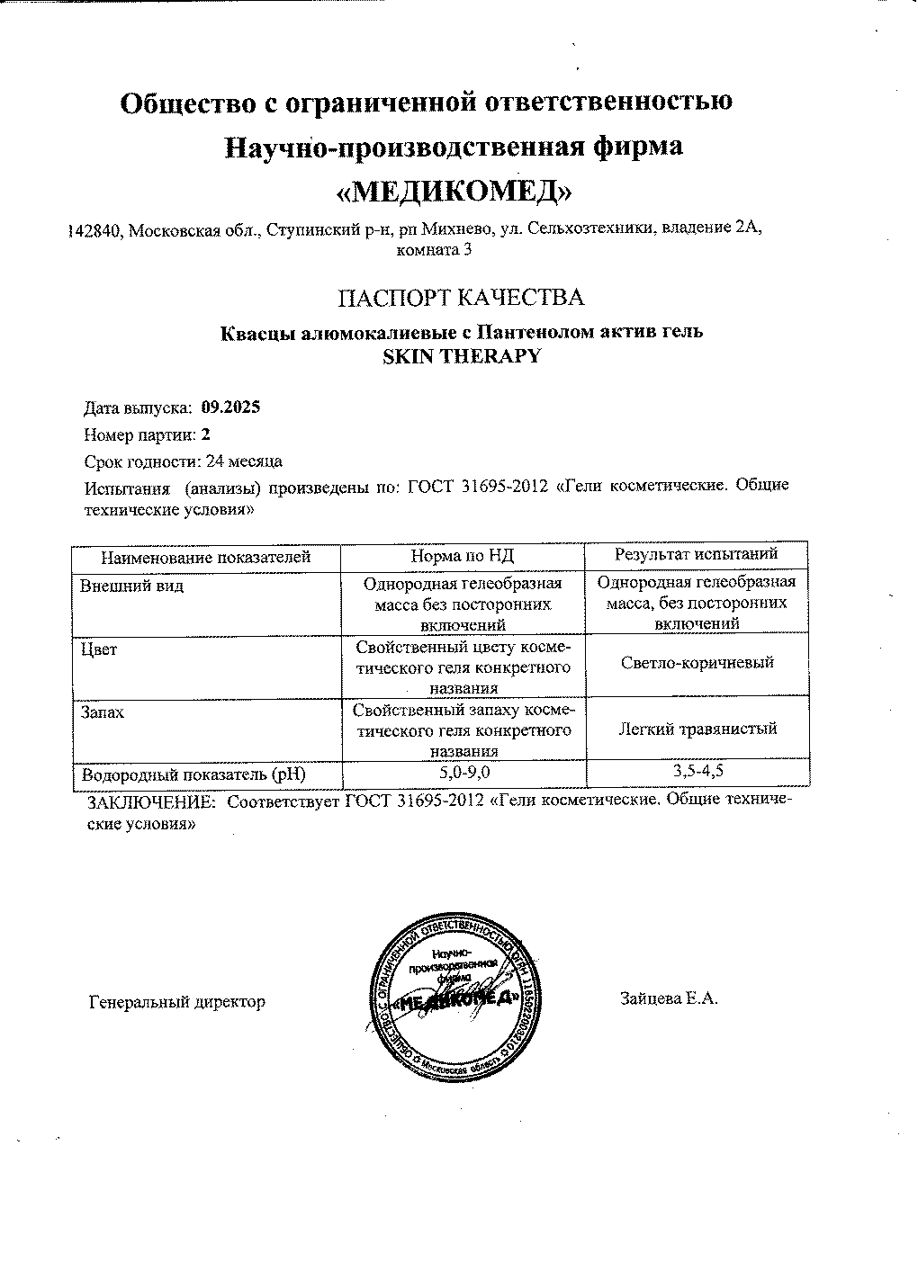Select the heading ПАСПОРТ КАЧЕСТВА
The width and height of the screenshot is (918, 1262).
click(460, 298)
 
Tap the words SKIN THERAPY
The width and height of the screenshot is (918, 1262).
click(462, 355)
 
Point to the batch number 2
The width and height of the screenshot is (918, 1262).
click(205, 434)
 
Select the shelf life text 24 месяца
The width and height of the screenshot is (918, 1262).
click(244, 461)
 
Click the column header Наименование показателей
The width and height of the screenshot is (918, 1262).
click(205, 557)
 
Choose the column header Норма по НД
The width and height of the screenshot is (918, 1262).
click(463, 557)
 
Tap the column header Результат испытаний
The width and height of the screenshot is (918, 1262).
click(696, 554)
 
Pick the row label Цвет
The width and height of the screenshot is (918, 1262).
click(99, 649)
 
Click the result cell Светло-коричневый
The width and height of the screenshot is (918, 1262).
click(697, 663)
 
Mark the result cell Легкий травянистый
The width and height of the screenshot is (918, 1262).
click(697, 729)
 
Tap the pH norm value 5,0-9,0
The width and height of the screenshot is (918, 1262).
click(463, 773)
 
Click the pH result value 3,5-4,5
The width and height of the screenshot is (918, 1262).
click(697, 770)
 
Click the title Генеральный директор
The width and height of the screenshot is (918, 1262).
click(176, 1001)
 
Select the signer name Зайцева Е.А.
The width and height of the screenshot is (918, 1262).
click(668, 998)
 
